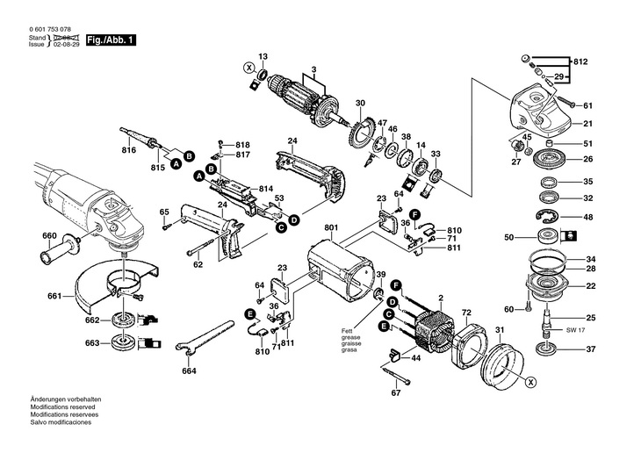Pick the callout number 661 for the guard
click(54, 296)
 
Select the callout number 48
click(588, 218)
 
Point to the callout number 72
click(466, 313)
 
